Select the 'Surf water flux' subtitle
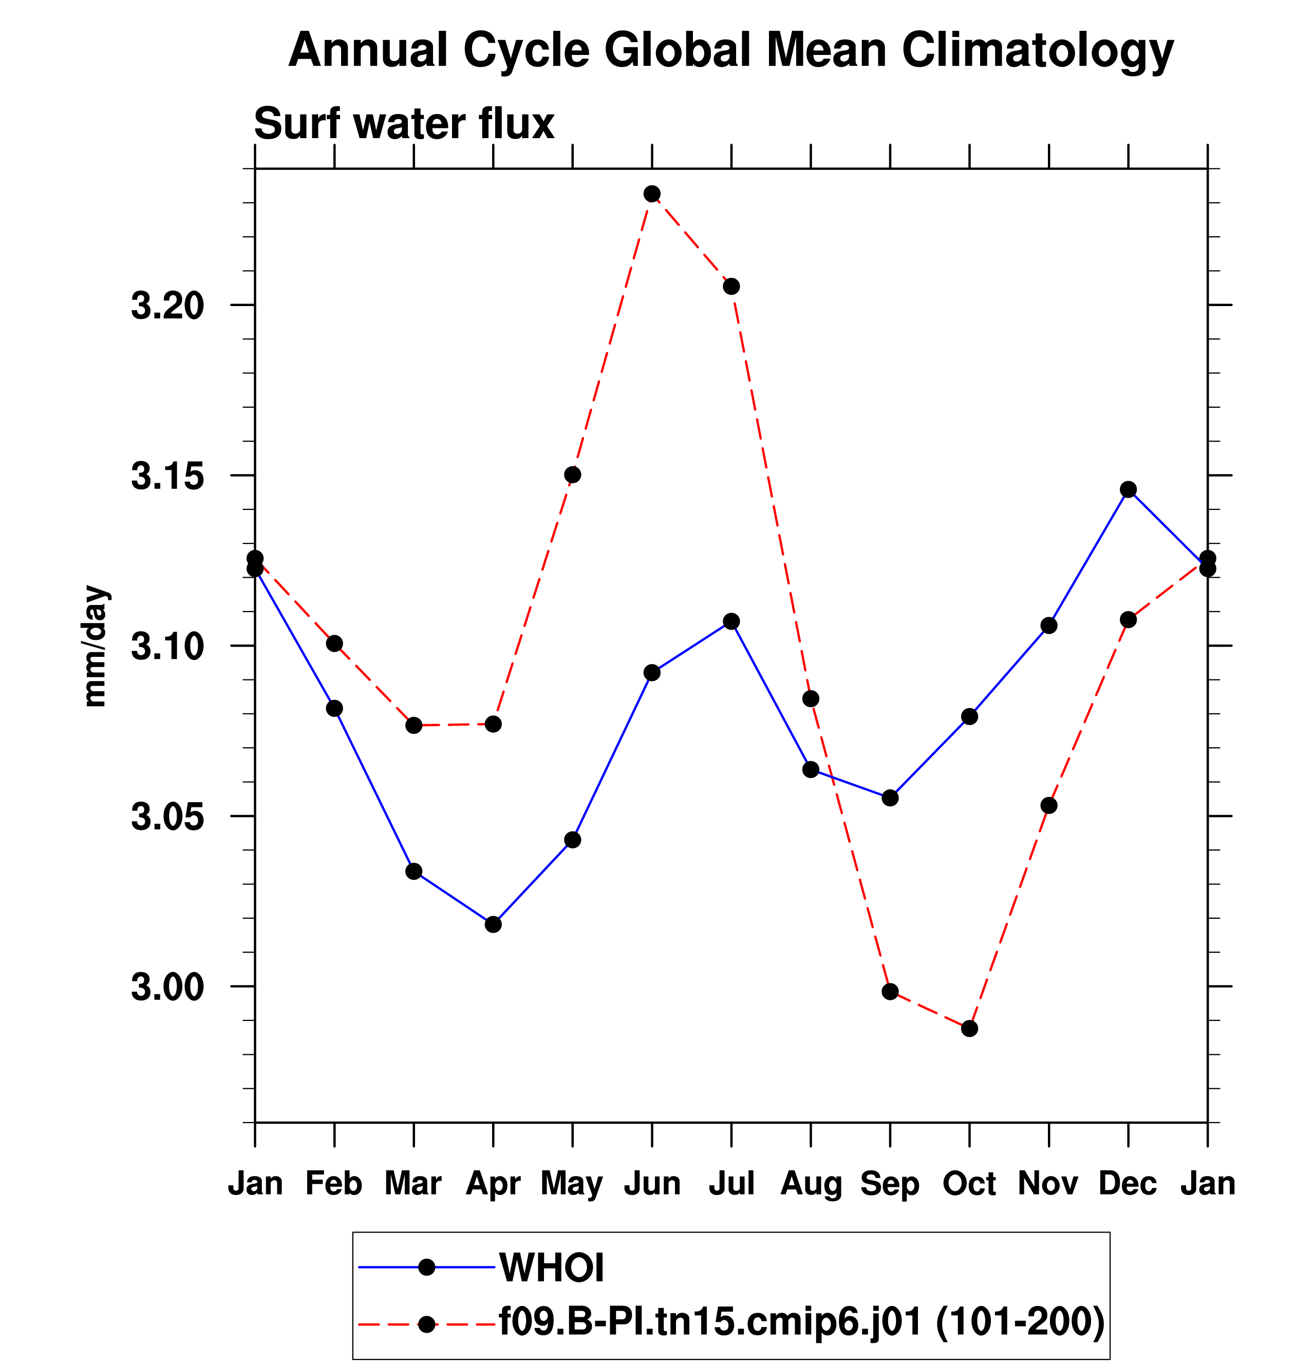tap(404, 124)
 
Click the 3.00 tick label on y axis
tap(167, 987)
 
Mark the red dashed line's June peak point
tap(651, 193)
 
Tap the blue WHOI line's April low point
tap(493, 924)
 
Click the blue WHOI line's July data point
tap(731, 621)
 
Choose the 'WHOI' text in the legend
tap(552, 1267)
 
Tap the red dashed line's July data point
tap(731, 287)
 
